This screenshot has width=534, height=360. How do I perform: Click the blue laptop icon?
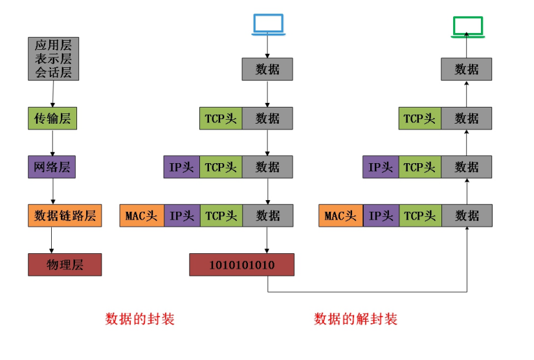[267, 24]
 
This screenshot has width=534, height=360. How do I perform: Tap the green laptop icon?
[467, 26]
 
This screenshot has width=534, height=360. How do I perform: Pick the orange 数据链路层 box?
[65, 216]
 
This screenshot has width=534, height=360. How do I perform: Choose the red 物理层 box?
[65, 264]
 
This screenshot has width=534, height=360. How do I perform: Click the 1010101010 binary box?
[241, 265]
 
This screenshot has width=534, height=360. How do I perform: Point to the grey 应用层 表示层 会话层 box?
[53, 59]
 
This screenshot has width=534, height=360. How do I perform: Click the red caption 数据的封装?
[140, 319]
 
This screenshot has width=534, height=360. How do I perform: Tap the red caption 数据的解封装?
[355, 319]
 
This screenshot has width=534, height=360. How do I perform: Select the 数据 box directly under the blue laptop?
[267, 69]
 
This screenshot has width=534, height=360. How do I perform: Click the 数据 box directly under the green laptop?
[467, 69]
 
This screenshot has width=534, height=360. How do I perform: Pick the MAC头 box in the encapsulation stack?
[142, 216]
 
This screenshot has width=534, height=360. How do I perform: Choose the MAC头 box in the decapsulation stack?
[341, 216]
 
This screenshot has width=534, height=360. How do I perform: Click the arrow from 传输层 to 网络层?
[52, 142]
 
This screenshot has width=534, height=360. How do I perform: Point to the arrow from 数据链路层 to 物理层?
[52, 240]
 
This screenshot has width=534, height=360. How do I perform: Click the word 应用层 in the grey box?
[53, 46]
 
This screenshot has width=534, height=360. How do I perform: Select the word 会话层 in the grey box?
[53, 72]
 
